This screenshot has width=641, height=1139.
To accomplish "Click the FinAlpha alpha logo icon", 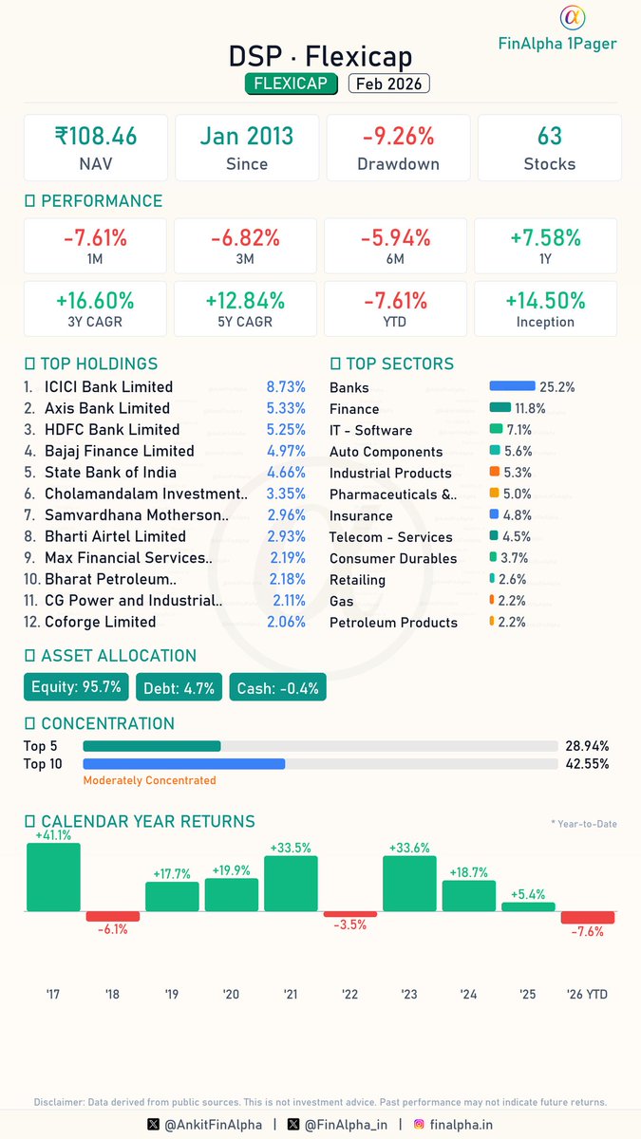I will tap(572, 18).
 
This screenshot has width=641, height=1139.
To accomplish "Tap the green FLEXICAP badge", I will tap(292, 84).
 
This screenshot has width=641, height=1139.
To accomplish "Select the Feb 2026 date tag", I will tap(389, 84).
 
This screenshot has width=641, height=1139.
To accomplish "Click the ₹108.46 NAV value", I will tap(95, 136).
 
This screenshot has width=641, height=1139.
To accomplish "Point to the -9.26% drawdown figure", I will tap(398, 136).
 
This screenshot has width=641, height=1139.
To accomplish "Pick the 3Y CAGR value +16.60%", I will tap(95, 301).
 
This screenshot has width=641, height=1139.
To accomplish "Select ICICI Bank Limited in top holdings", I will tap(108, 387).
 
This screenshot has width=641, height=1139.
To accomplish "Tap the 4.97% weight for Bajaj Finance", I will tap(286, 451).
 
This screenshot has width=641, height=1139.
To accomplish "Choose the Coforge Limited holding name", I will tap(100, 622).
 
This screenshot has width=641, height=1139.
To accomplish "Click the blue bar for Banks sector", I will tap(512, 386).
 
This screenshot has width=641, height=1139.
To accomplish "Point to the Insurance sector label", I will tap(361, 515).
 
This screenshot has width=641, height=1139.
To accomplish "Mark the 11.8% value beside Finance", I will tap(530, 408).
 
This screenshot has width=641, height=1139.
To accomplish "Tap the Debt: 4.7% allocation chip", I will tap(179, 687).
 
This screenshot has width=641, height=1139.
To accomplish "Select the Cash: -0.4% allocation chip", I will tap(277, 687).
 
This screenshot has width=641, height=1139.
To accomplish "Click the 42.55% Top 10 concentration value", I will tap(587, 763).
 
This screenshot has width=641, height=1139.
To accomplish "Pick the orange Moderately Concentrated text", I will tap(149, 780).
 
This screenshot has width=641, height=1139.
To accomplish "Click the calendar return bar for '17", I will tap(53, 877).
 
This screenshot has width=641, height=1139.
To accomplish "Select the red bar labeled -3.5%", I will tap(350, 914).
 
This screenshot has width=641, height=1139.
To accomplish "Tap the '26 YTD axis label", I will tap(587, 994).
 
